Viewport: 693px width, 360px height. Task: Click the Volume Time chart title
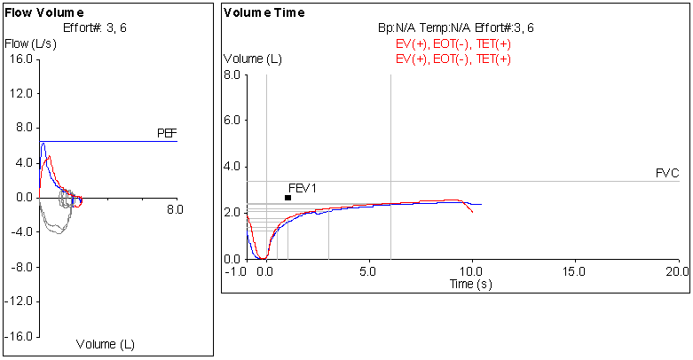[264, 13]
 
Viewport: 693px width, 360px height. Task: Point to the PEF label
[167, 134]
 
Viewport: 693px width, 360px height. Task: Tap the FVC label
[667, 174]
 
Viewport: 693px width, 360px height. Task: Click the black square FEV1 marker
[287, 198]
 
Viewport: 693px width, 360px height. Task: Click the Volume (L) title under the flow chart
[106, 343]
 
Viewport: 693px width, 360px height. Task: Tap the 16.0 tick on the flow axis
[20, 59]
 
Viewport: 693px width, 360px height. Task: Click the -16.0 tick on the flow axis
[19, 337]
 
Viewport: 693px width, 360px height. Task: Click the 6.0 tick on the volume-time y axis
[232, 121]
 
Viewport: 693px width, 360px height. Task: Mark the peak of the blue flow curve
[43, 143]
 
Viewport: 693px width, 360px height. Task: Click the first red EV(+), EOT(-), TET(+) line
[454, 43]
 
